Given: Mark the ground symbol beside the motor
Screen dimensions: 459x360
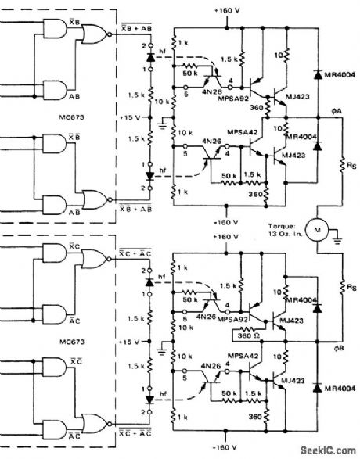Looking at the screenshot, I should click(338, 231).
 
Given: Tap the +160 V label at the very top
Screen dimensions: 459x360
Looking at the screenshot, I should click(225, 9).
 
